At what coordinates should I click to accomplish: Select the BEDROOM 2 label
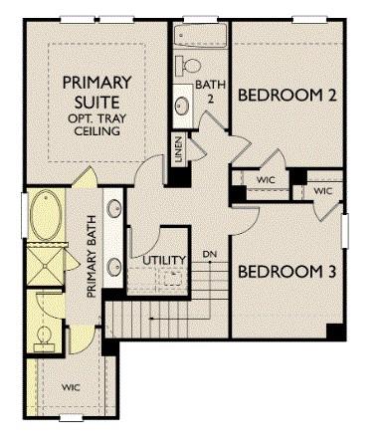coord(285,97)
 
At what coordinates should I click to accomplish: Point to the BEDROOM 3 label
coord(285,272)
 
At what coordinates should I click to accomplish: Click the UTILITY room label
coord(164,261)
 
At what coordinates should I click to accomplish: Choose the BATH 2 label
coord(211,91)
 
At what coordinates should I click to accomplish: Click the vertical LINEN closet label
coord(178,148)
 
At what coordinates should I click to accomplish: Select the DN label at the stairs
coord(210,253)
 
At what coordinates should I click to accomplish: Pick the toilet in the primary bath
coord(44,337)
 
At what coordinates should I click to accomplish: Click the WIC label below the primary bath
coord(71,387)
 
